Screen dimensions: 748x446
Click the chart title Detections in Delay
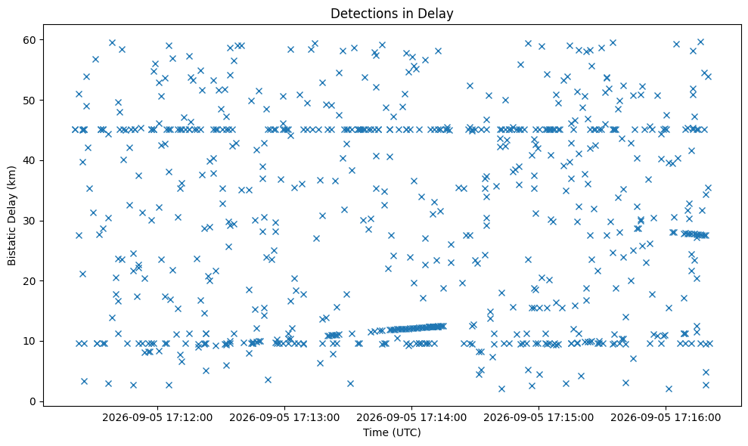392,14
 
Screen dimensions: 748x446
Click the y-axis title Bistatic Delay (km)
11,215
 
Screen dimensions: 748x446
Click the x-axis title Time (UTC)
392,432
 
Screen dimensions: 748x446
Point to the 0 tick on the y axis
33,401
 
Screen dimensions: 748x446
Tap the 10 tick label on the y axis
30,341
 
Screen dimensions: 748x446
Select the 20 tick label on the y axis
30,281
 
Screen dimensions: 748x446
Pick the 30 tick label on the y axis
30,221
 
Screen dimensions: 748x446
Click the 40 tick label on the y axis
30,160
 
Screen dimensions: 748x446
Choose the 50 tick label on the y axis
30,101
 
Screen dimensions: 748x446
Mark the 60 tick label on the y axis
30,40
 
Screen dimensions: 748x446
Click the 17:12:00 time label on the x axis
157,418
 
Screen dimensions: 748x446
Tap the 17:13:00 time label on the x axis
284,418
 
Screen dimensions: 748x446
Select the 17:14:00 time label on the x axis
411,418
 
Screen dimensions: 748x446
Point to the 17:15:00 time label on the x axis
538,418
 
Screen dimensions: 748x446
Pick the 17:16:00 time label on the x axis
666,418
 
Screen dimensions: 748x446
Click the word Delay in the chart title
439,14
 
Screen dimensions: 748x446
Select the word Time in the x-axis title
375,432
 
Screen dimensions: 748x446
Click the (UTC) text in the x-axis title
406,432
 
